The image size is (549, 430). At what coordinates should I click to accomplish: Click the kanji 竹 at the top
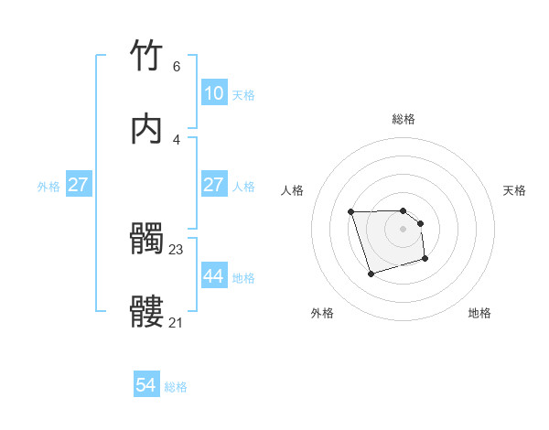[x=147, y=56]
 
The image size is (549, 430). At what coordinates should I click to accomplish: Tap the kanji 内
[x=147, y=130]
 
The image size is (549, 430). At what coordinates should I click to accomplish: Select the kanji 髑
[x=147, y=240]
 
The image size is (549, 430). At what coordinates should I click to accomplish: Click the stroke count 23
[x=177, y=249]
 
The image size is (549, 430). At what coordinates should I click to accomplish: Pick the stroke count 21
[x=177, y=322]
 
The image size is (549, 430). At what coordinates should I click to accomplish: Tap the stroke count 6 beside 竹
[x=177, y=66]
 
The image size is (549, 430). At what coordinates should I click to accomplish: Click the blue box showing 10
[x=213, y=93]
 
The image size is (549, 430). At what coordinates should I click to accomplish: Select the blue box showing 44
[x=213, y=276]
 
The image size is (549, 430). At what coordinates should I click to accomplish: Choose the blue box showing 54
[x=146, y=386]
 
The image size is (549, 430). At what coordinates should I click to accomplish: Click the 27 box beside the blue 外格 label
[x=79, y=185]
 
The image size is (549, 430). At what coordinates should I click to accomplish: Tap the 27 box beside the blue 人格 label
[x=213, y=185]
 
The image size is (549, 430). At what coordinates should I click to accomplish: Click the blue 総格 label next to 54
[x=176, y=387]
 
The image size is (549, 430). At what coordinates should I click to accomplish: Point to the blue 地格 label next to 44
[x=243, y=277]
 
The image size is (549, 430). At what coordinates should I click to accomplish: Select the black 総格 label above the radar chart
[x=404, y=119]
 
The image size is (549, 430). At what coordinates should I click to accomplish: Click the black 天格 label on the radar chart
[x=514, y=190]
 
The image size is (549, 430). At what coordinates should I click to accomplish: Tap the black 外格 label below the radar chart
[x=322, y=313]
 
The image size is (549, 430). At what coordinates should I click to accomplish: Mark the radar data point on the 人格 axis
[x=351, y=212]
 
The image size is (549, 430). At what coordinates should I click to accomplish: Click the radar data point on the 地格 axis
[x=425, y=260]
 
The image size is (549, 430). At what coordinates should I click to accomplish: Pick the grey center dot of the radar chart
[x=404, y=229]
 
